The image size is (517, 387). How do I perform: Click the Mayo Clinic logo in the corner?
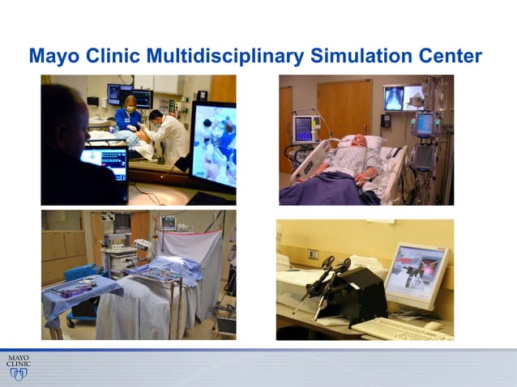pyautogui.click(x=18, y=365)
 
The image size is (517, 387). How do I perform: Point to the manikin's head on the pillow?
pyautogui.click(x=362, y=147)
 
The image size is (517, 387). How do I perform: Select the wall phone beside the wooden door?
pyautogui.click(x=387, y=120)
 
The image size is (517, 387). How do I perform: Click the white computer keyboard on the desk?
pyautogui.click(x=402, y=328)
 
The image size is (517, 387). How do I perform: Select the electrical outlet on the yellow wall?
pyautogui.click(x=312, y=253)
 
